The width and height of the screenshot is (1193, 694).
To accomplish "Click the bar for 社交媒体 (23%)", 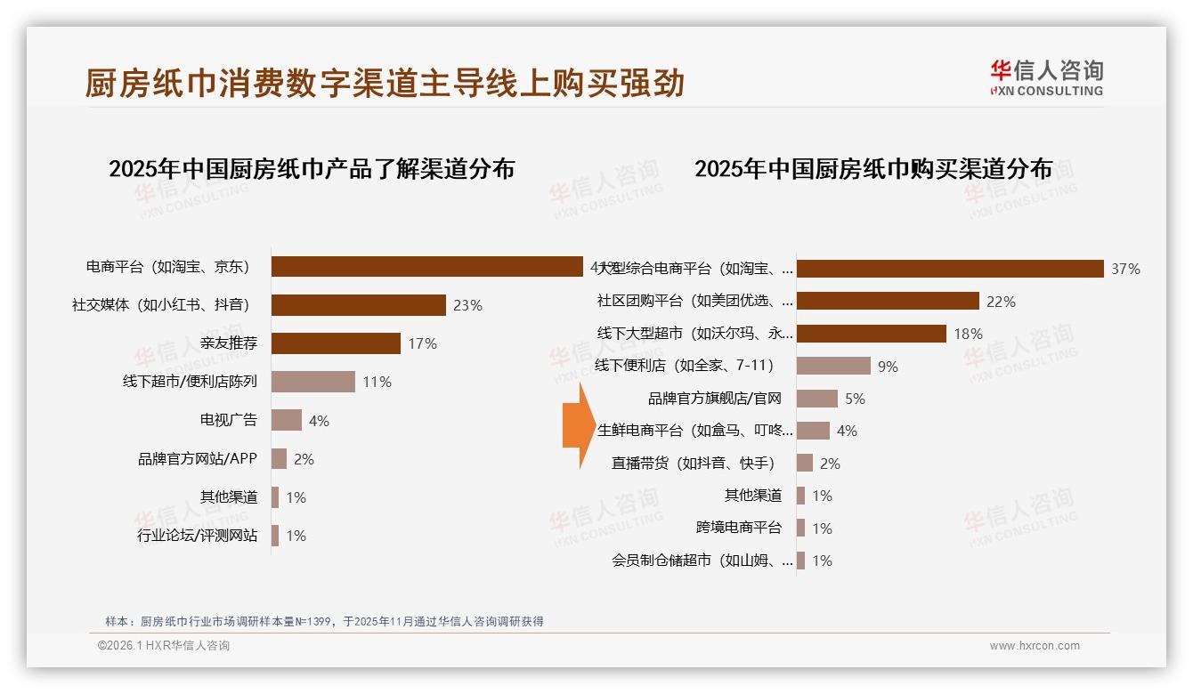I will pyautogui.click(x=358, y=305).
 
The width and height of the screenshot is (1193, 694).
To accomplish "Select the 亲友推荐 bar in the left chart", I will pyautogui.click(x=336, y=343).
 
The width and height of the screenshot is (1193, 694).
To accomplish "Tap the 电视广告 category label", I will pyautogui.click(x=228, y=420).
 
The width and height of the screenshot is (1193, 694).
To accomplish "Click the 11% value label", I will pyautogui.click(x=377, y=382).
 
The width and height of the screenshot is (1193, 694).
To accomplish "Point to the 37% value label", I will pyautogui.click(x=1125, y=269).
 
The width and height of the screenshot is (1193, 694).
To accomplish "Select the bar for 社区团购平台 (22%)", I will pyautogui.click(x=888, y=301).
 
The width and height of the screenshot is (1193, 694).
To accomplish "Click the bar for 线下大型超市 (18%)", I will pyautogui.click(x=871, y=334).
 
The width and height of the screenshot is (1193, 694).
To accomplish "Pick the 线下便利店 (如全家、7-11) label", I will pyautogui.click(x=685, y=366).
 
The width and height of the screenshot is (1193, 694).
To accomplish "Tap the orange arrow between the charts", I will pyautogui.click(x=578, y=425).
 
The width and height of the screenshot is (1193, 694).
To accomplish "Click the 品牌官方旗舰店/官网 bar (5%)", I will pyautogui.click(x=816, y=399).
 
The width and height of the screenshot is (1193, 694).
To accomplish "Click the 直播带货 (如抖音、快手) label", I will pyautogui.click(x=694, y=464).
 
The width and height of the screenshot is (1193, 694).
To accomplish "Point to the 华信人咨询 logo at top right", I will pyautogui.click(x=1046, y=78).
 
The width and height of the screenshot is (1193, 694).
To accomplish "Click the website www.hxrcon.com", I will pyautogui.click(x=1035, y=646).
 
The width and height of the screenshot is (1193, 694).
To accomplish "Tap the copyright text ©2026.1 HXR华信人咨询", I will pyautogui.click(x=164, y=646).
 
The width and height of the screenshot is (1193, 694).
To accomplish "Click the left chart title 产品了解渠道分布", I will pyautogui.click(x=312, y=169).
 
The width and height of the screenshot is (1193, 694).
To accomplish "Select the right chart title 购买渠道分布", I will pyautogui.click(x=873, y=169).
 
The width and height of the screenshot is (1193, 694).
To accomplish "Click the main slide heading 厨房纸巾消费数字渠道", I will pyautogui.click(x=385, y=83).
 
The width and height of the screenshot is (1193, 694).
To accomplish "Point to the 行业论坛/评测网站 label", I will pyautogui.click(x=197, y=536).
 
